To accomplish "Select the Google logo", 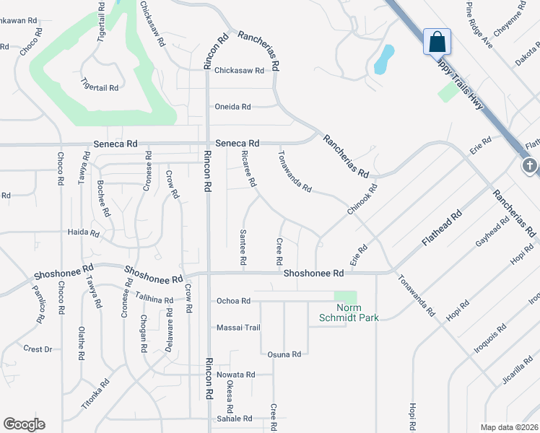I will (x=24, y=424).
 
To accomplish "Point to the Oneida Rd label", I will (x=232, y=107).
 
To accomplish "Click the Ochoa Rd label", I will (x=232, y=301).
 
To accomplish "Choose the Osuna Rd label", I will (x=283, y=354).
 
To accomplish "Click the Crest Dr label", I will (x=38, y=349).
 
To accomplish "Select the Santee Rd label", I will (x=243, y=246).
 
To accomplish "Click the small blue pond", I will (x=384, y=60).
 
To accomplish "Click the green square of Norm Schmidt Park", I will (x=346, y=297).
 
